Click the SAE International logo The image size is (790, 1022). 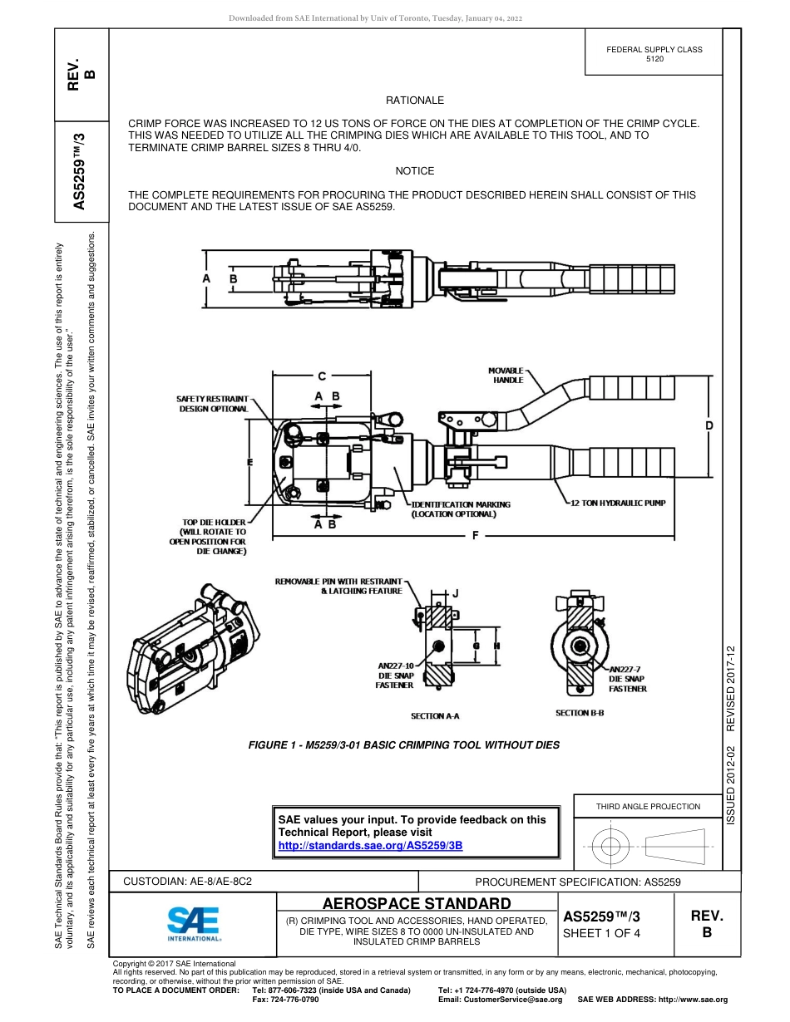coord(193,923)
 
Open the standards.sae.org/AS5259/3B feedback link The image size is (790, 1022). coord(370,845)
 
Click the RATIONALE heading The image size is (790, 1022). coord(415,101)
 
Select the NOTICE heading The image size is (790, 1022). coord(415,170)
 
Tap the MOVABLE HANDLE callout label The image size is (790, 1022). coord(506,375)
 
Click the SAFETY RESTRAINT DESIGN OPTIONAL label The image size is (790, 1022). coord(213,404)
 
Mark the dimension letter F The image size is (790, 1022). coord(476,535)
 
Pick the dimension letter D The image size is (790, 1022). coord(709,425)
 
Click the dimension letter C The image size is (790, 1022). coord(322,376)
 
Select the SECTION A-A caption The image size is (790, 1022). coord(435,715)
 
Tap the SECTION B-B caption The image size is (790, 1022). coord(580,713)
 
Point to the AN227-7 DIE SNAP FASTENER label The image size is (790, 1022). coord(627,679)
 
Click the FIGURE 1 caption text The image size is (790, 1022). coord(403,744)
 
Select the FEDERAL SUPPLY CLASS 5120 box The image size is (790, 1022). coord(654,54)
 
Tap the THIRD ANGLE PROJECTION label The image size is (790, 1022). coord(648,806)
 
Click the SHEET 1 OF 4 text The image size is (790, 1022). coord(602,933)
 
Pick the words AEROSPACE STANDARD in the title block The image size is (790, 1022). coord(417,903)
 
